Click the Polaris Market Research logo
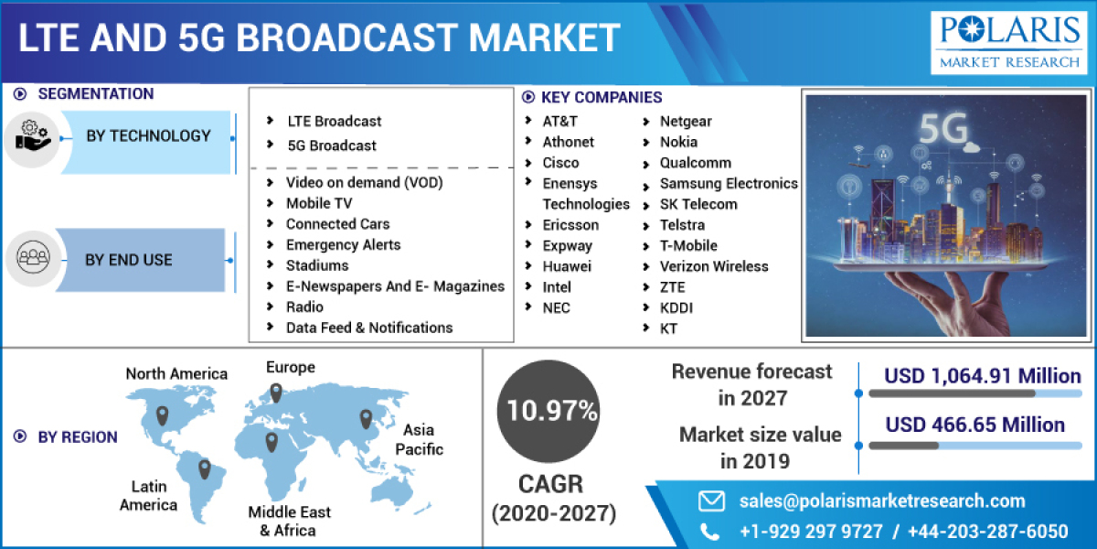coord(1006,41)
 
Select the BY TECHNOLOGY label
coord(148,136)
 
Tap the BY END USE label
coord(129,260)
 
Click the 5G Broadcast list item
coord(332,145)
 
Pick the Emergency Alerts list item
coord(343,244)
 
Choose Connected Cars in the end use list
coord(337,224)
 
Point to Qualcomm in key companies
coord(695,163)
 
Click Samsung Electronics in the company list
coord(729,184)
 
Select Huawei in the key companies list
coord(567,266)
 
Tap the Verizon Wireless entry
coord(714,266)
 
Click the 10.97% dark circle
coord(547,411)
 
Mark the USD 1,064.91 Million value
coord(983,376)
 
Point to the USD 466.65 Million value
coord(975,425)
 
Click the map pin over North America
coord(163,415)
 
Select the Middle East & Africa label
coord(289,521)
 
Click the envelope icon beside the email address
coord(711,501)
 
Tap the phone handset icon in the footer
coord(710,532)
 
